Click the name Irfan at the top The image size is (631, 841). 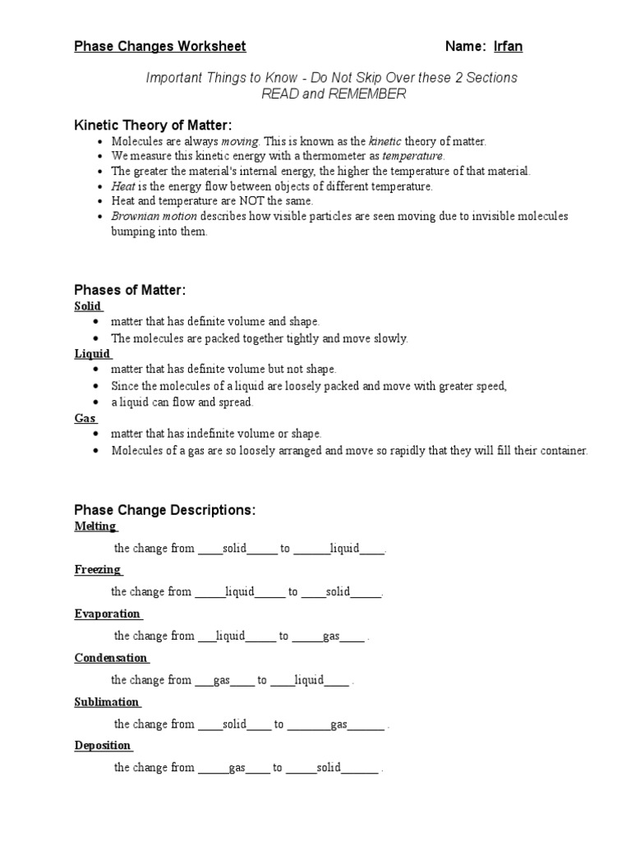508,47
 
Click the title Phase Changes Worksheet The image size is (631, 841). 160,47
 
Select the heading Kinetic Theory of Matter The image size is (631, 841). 153,125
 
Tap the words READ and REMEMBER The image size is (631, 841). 333,94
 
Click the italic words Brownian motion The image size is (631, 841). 154,216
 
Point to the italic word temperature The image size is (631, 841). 413,156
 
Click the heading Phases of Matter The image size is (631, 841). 130,290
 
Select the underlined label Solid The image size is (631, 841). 88,306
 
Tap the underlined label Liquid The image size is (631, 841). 92,354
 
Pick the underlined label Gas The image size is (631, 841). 85,418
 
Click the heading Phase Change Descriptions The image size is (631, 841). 165,510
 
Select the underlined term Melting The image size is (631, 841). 95,526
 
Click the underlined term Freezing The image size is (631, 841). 97,569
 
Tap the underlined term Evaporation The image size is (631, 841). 107,614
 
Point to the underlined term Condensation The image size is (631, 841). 111,658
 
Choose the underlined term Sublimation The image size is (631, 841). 106,702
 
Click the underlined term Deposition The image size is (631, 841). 103,746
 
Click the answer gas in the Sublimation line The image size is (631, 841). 339,724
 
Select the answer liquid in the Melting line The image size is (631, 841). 344,549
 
